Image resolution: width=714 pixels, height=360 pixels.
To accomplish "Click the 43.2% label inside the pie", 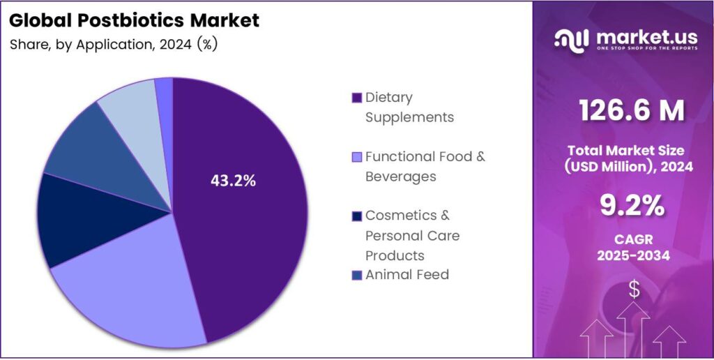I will [x=233, y=181].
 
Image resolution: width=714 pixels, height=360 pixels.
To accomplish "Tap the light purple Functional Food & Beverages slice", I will [x=132, y=293].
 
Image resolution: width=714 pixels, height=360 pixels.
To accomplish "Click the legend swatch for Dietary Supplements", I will [x=357, y=97].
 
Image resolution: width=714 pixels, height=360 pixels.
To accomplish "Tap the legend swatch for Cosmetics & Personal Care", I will [x=357, y=216].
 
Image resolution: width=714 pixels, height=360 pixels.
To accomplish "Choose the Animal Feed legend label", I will [x=407, y=274].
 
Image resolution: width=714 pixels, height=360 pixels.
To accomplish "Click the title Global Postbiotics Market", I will [x=135, y=20].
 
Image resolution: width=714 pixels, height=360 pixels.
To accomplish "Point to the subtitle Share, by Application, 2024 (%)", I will [x=114, y=45].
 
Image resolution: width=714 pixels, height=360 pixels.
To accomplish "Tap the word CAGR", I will [x=633, y=239].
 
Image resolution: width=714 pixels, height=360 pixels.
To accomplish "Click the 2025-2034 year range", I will [x=633, y=256].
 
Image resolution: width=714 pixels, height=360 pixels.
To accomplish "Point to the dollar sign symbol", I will [x=634, y=289].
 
